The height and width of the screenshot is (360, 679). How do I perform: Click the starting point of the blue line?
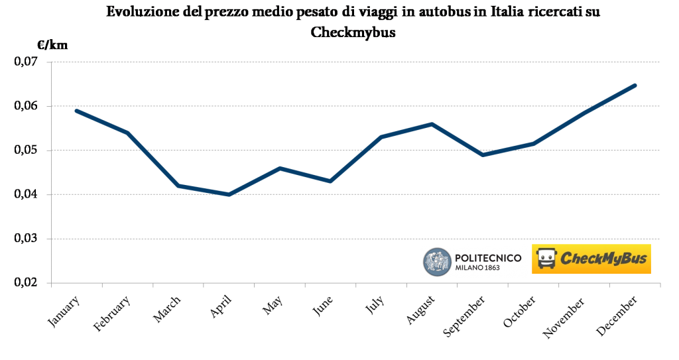(77, 111)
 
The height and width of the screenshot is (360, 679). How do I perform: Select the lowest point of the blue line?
(229, 194)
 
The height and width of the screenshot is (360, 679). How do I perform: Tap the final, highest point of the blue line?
(635, 85)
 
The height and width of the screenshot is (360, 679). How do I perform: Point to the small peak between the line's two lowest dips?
(280, 168)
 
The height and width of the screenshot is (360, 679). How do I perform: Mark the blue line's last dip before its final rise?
(482, 154)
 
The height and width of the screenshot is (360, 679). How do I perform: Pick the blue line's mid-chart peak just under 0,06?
(432, 124)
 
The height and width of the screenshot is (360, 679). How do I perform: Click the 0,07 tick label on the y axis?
(23, 62)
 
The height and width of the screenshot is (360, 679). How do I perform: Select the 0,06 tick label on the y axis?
(23, 106)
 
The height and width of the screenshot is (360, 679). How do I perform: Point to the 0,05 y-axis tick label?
(23, 150)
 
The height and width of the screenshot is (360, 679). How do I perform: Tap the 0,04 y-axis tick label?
(23, 194)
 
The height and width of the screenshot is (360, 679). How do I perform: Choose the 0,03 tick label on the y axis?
(23, 239)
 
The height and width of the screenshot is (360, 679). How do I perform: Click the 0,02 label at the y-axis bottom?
(23, 282)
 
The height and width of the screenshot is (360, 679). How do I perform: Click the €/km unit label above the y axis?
(52, 46)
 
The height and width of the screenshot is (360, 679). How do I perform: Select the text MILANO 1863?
(478, 269)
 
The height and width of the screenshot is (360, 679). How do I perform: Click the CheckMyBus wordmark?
(602, 259)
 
